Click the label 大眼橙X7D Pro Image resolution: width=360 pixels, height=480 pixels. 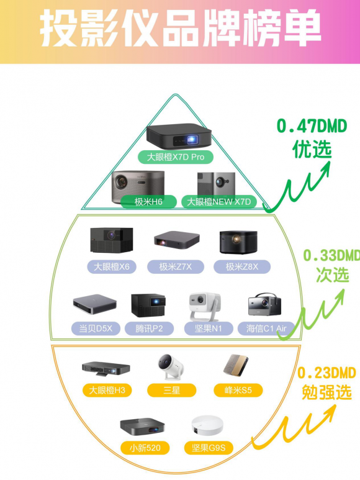pos(175,157)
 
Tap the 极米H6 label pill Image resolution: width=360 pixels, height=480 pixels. pos(148,202)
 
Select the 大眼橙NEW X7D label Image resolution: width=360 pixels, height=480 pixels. pos(218,202)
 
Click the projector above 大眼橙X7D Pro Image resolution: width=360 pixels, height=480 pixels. pos(179,137)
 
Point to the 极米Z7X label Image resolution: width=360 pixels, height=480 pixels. pos(175,267)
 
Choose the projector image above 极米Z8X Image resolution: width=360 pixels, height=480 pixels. pos(238,242)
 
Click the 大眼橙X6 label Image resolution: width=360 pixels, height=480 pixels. pos(112,267)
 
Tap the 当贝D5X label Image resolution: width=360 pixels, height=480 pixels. pos(96,328)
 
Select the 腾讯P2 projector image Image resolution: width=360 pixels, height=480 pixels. pos(148,306)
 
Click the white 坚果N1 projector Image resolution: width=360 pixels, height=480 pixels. pos(205,306)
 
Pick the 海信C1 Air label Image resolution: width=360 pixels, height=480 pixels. pos(266,328)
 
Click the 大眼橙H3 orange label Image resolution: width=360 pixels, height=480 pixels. pos(107,391)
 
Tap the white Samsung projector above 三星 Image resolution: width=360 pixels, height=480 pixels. pos(170,367)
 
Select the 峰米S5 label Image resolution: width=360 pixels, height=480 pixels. pos(238,391)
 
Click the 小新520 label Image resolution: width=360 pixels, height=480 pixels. pos(145,448)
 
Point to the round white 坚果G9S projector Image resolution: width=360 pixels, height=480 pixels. pos(207,425)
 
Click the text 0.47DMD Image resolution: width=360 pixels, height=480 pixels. pos(312,127)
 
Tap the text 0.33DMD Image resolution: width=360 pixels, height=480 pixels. pos(331,256)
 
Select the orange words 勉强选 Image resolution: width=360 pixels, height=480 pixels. pos(326,392)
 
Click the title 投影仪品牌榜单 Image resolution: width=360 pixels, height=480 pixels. pos(181,28)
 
